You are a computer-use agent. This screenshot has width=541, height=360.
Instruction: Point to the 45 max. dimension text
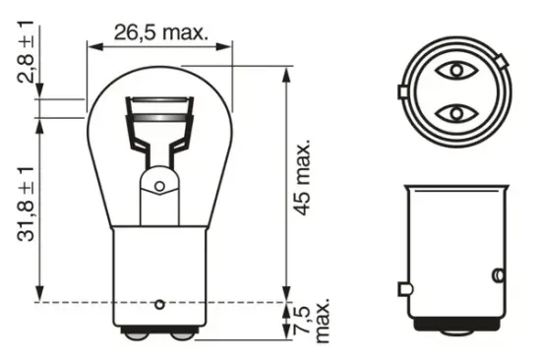pos(305,177)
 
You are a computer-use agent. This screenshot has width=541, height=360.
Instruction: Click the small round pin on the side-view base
pos(498,272)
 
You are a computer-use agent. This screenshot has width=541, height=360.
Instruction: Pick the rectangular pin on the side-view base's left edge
pos(403,288)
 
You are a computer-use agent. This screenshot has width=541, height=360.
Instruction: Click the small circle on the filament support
pos(159,183)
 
